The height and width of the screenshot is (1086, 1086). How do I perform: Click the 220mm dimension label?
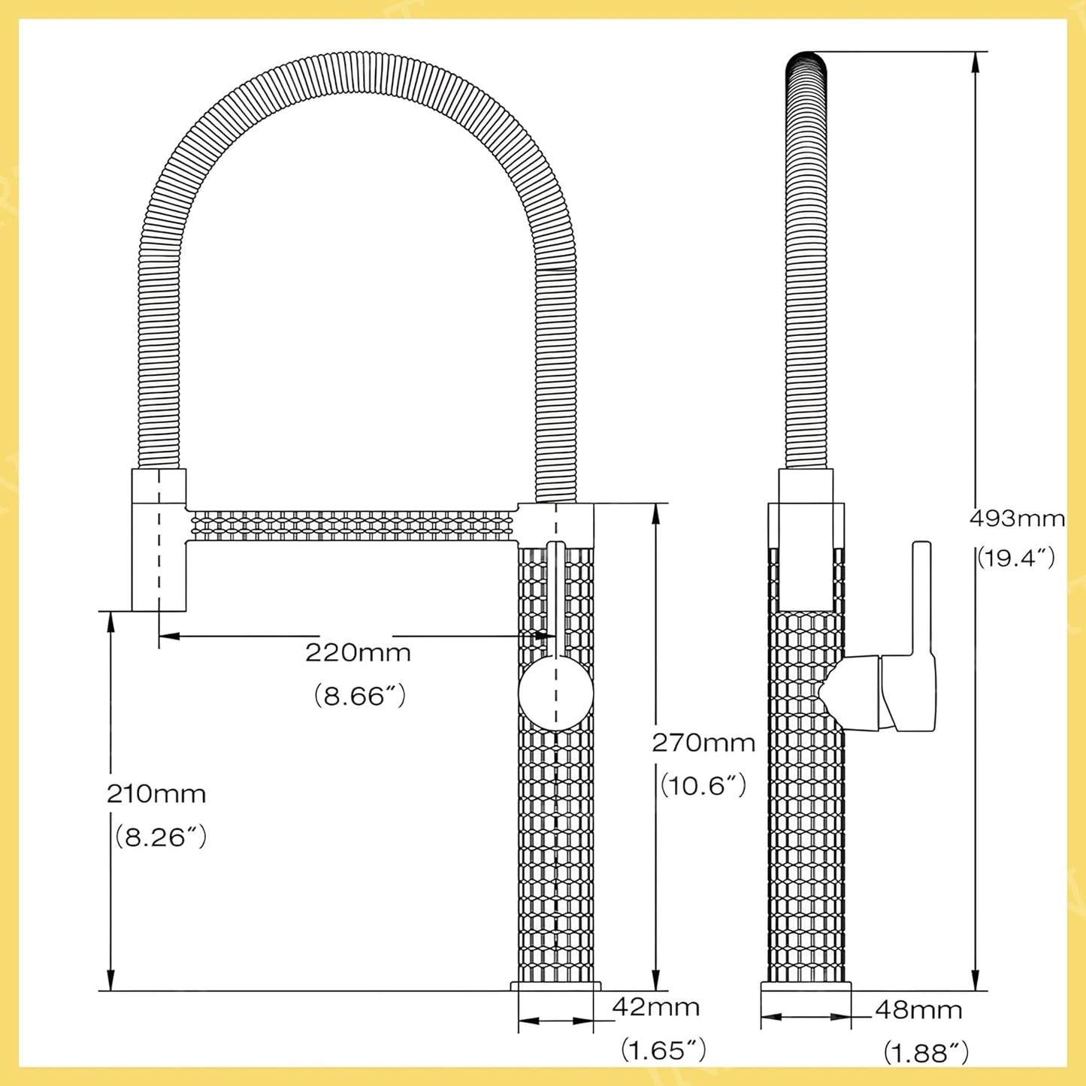coord(358,652)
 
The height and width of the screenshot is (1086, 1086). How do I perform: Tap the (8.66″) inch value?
coord(359,696)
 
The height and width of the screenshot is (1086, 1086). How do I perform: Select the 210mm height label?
coord(156,794)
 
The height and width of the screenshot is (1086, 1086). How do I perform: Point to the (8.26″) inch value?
coord(160,837)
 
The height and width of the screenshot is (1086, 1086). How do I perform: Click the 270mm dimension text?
coord(703,743)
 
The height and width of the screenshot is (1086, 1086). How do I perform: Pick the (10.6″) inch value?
coord(703,786)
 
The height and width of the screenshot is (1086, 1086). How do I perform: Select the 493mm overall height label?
coord(1017,519)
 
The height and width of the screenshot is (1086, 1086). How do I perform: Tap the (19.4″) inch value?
coord(1016,558)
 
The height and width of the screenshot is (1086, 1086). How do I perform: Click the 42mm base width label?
coord(655,1007)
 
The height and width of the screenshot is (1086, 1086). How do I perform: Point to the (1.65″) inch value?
coord(663,1050)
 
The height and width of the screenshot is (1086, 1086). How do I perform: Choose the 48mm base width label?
coord(918,1010)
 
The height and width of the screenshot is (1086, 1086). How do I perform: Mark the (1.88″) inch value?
coord(925,1053)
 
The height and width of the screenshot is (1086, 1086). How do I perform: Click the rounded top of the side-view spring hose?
coord(806,64)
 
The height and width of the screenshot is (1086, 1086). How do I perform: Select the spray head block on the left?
coord(159,541)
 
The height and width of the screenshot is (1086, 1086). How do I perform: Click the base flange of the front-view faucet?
coord(555,986)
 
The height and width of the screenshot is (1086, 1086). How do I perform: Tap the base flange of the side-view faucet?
coord(806,987)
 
